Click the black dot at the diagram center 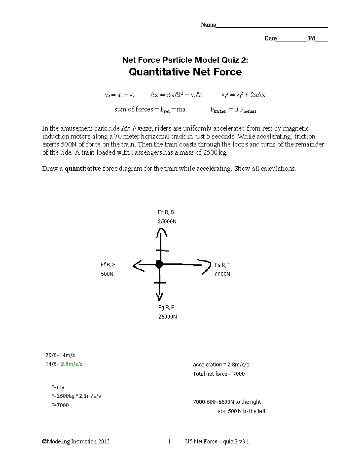click(x=159, y=264)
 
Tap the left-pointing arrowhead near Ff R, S click(x=137, y=265)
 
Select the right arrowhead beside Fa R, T click(x=206, y=265)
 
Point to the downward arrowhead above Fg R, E click(x=159, y=296)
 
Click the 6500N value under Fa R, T click(x=222, y=274)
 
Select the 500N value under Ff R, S click(x=107, y=274)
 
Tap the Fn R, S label click(x=166, y=212)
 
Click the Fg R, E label click(x=166, y=308)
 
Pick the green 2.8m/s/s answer click(x=72, y=364)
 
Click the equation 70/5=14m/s click(x=60, y=355)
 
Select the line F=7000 click(x=60, y=405)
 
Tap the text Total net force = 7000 click(x=219, y=374)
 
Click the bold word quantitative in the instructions click(x=83, y=169)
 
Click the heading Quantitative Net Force click(x=185, y=72)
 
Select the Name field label click(x=208, y=25)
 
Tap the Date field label click(x=270, y=38)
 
